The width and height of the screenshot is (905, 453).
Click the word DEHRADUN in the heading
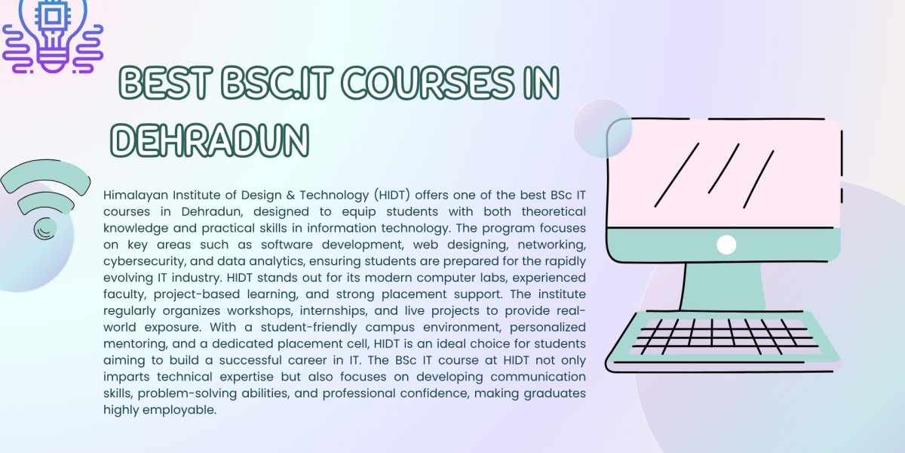click(210, 140)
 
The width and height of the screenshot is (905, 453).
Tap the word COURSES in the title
click(428, 82)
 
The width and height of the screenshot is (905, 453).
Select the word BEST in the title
click(166, 82)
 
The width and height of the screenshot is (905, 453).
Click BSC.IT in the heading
click(277, 82)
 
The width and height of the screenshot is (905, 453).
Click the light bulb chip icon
click(53, 36)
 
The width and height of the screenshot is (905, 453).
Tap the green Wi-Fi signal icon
click(45, 198)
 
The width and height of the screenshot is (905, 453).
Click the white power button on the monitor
click(726, 245)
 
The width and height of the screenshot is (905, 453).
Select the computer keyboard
click(723, 342)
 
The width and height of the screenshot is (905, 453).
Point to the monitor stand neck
click(723, 286)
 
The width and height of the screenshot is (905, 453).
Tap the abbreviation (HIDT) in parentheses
click(392, 196)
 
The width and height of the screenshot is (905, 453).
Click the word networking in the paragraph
click(551, 245)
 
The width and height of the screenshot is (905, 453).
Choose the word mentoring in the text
click(135, 344)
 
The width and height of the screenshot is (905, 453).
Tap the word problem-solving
click(187, 393)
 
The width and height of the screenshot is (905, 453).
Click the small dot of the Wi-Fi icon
click(44, 229)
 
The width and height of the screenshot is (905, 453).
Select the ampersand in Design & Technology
click(290, 196)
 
